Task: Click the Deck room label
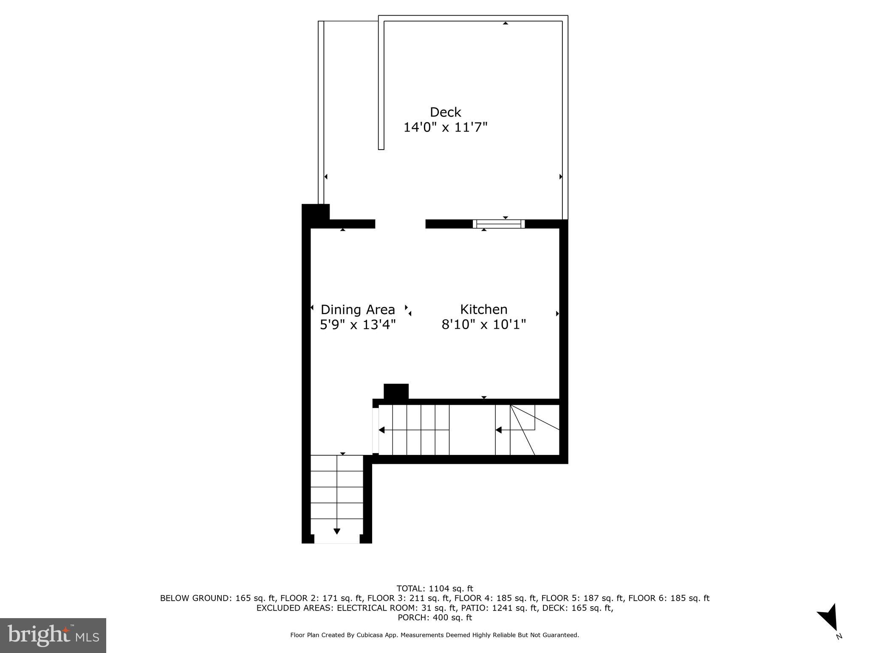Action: coord(445,112)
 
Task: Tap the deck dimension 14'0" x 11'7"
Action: coord(445,127)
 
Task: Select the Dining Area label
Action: coord(358,309)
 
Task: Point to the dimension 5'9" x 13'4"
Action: coord(358,325)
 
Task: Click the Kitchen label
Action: coord(484,309)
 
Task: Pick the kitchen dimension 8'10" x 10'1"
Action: coord(484,325)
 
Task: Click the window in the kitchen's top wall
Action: coord(499,224)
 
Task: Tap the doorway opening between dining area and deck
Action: coord(400,224)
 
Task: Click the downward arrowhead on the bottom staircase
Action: coord(337,531)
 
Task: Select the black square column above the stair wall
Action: coord(396,391)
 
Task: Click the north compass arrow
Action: coord(829,619)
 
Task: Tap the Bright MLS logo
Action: coord(53,635)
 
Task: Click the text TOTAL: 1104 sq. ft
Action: coord(435,589)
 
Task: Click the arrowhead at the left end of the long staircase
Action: coord(381,430)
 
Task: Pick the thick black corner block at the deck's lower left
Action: coord(315,212)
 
